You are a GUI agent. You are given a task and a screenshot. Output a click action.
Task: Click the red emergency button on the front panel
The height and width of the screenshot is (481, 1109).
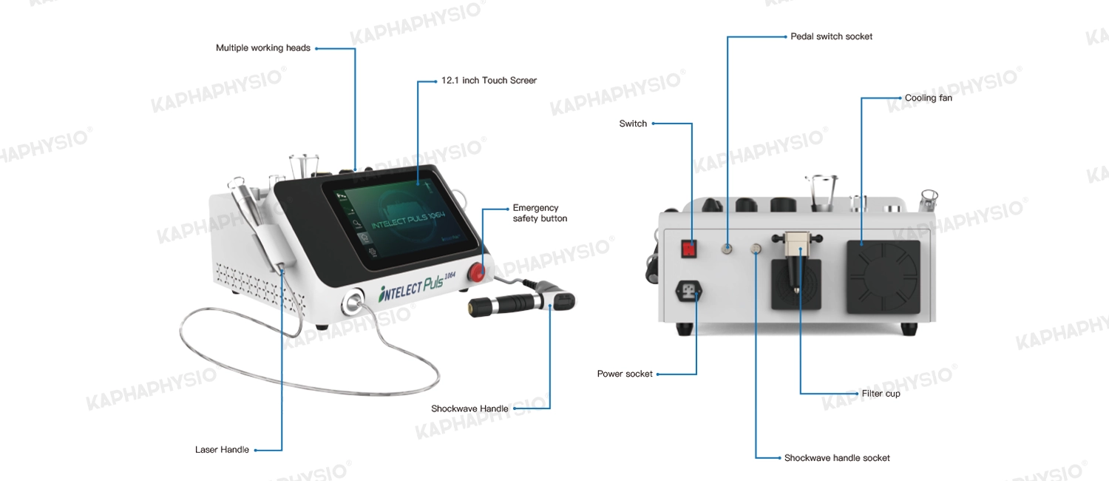[x=477, y=272]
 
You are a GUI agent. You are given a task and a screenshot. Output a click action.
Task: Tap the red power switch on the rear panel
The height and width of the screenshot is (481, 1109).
[x=688, y=249]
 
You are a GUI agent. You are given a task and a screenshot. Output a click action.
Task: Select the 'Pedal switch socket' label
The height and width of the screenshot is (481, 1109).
[x=831, y=37]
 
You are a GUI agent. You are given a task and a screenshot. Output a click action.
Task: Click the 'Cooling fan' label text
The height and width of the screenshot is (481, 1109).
[x=929, y=98]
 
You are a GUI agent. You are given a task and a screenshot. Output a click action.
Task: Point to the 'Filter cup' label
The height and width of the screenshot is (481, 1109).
[x=881, y=394]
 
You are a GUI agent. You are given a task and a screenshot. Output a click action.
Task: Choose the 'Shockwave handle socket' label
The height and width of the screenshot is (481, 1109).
[x=837, y=458]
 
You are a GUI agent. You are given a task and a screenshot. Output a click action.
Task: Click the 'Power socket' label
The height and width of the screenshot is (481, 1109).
[x=625, y=374]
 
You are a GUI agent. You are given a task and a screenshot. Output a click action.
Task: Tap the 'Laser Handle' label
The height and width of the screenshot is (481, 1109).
[x=222, y=450]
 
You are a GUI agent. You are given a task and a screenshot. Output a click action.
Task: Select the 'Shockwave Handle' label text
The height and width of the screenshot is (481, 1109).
[x=469, y=408]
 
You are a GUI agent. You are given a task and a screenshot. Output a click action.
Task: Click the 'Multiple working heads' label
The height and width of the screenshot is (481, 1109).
[x=263, y=48]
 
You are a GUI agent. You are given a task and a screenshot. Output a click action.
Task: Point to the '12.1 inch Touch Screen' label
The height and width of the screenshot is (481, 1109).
[x=489, y=80]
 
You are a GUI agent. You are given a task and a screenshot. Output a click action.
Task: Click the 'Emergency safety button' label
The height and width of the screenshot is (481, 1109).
[x=540, y=213]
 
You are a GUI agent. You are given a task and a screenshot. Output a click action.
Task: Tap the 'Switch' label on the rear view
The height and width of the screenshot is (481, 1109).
[x=633, y=124]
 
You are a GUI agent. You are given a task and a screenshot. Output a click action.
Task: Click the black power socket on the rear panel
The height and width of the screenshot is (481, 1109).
[x=688, y=291]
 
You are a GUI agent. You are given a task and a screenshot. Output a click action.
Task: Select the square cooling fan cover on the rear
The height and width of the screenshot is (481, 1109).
[x=883, y=277]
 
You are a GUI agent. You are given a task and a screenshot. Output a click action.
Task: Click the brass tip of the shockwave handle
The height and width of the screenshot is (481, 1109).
[x=475, y=308]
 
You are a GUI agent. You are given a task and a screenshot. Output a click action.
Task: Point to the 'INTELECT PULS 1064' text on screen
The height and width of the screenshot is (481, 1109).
[x=408, y=220]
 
